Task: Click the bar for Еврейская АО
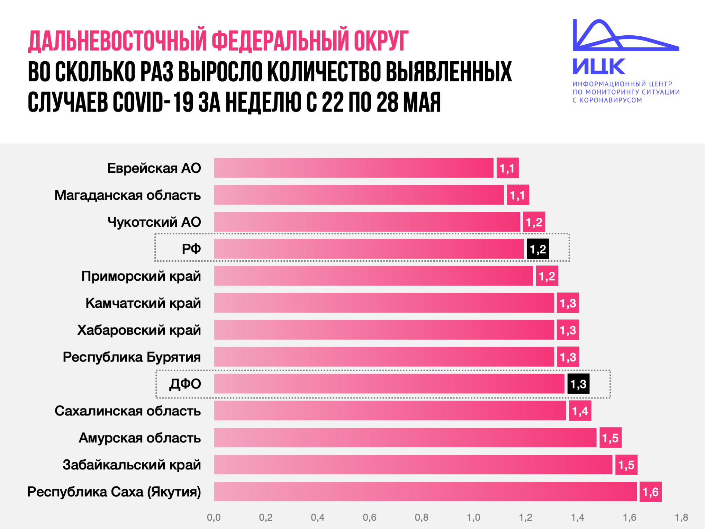click(353, 168)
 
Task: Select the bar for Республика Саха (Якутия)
click(425, 492)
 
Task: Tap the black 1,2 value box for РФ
click(538, 249)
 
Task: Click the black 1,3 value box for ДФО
click(578, 384)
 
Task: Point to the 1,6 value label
click(650, 492)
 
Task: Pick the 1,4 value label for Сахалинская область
click(580, 411)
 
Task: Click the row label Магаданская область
click(127, 195)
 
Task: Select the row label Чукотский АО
click(154, 222)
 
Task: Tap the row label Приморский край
click(141, 276)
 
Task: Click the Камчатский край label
click(143, 303)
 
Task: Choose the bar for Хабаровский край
click(384, 330)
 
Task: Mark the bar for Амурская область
click(405, 438)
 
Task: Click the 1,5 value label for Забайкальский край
click(626, 465)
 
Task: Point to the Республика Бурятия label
click(132, 357)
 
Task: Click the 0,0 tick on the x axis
click(214, 517)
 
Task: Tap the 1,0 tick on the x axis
click(473, 517)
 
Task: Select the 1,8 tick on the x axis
click(681, 517)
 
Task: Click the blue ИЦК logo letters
click(599, 66)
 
